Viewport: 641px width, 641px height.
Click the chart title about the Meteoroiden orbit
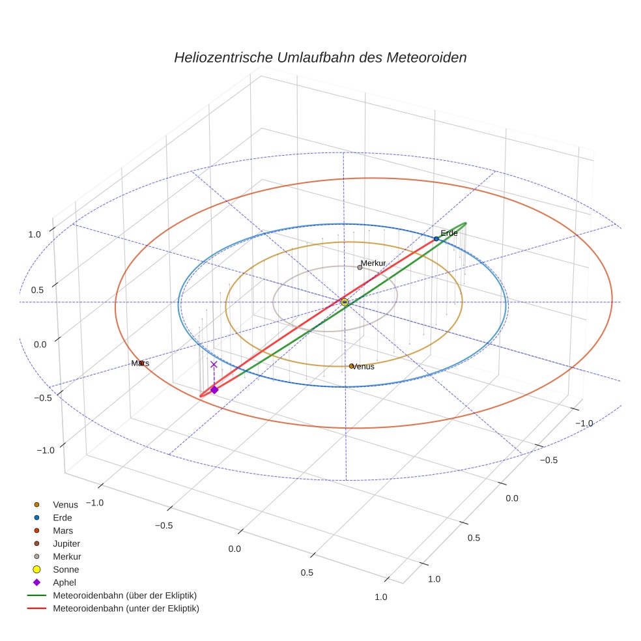[x=320, y=57]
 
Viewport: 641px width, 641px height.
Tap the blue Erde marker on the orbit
[x=436, y=239]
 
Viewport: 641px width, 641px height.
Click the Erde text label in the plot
[x=449, y=233]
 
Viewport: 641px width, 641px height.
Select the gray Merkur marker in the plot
[x=360, y=267]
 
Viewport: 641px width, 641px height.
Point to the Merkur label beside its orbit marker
[x=373, y=263]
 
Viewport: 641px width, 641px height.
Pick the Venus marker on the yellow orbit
[x=351, y=366]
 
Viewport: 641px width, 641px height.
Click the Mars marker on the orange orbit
[x=141, y=363]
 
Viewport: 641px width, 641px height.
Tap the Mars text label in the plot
[x=139, y=363]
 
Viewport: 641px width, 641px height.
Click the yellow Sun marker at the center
[x=344, y=302]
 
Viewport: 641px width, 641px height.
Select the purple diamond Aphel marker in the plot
[x=214, y=390]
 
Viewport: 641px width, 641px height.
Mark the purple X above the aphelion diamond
[x=214, y=365]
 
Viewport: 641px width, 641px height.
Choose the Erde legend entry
[x=63, y=517]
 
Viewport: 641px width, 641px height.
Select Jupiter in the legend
[x=66, y=543]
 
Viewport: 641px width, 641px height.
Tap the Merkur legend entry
[x=66, y=556]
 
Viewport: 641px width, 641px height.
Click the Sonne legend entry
[x=66, y=569]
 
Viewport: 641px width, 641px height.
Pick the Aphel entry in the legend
[x=64, y=582]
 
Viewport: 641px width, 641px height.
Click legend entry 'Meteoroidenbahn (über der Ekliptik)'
[x=124, y=595]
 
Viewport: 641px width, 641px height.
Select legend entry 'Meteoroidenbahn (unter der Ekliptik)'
[x=126, y=608]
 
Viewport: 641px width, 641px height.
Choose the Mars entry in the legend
[x=63, y=530]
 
